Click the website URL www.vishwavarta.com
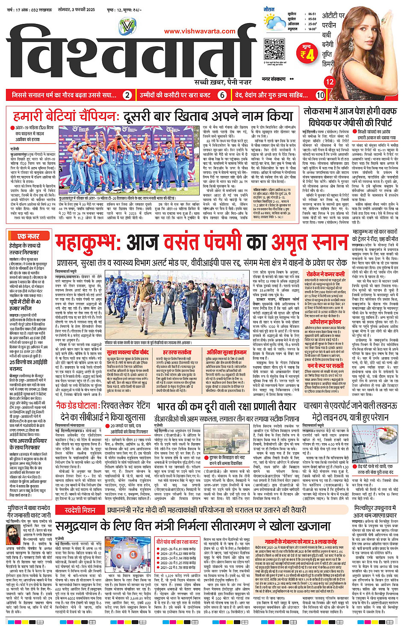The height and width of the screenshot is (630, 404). pyautogui.click(x=200, y=31)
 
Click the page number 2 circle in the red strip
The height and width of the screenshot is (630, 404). pyautogui.click(x=127, y=95)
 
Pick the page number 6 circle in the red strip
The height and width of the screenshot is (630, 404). pyautogui.click(x=222, y=95)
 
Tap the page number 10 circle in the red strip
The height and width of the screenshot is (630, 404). pyautogui.click(x=320, y=95)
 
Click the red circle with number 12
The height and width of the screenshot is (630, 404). pyautogui.click(x=330, y=82)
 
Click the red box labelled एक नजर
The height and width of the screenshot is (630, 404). pyautogui.click(x=28, y=236)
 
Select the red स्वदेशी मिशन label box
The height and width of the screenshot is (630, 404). pyautogui.click(x=80, y=510)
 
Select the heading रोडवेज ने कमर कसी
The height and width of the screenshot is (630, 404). pyautogui.click(x=326, y=274)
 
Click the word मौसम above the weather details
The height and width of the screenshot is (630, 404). pyautogui.click(x=269, y=9)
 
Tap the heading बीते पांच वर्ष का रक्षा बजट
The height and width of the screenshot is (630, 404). pyautogui.click(x=177, y=542)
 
